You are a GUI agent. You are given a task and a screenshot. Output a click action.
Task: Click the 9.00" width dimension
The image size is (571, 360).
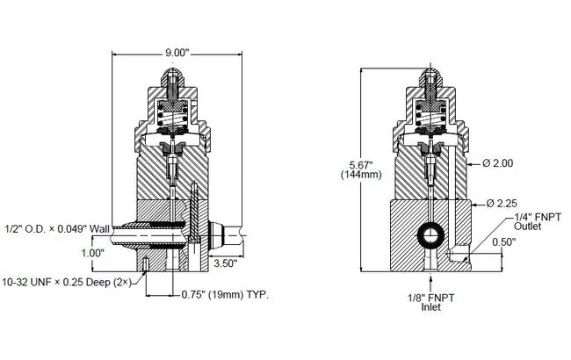pos(176,53)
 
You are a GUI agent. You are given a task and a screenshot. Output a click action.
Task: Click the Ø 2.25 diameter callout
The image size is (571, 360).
pos(501,203)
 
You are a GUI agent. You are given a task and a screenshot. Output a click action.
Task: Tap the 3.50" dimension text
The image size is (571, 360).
pos(224,263)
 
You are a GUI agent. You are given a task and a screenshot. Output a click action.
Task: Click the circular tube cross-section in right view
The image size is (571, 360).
pos(430,234)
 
